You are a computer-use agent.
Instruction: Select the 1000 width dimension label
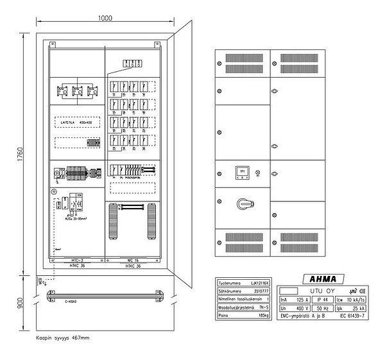[107, 19]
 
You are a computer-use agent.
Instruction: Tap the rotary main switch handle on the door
[243, 203]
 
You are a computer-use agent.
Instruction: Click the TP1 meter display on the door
[243, 172]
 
